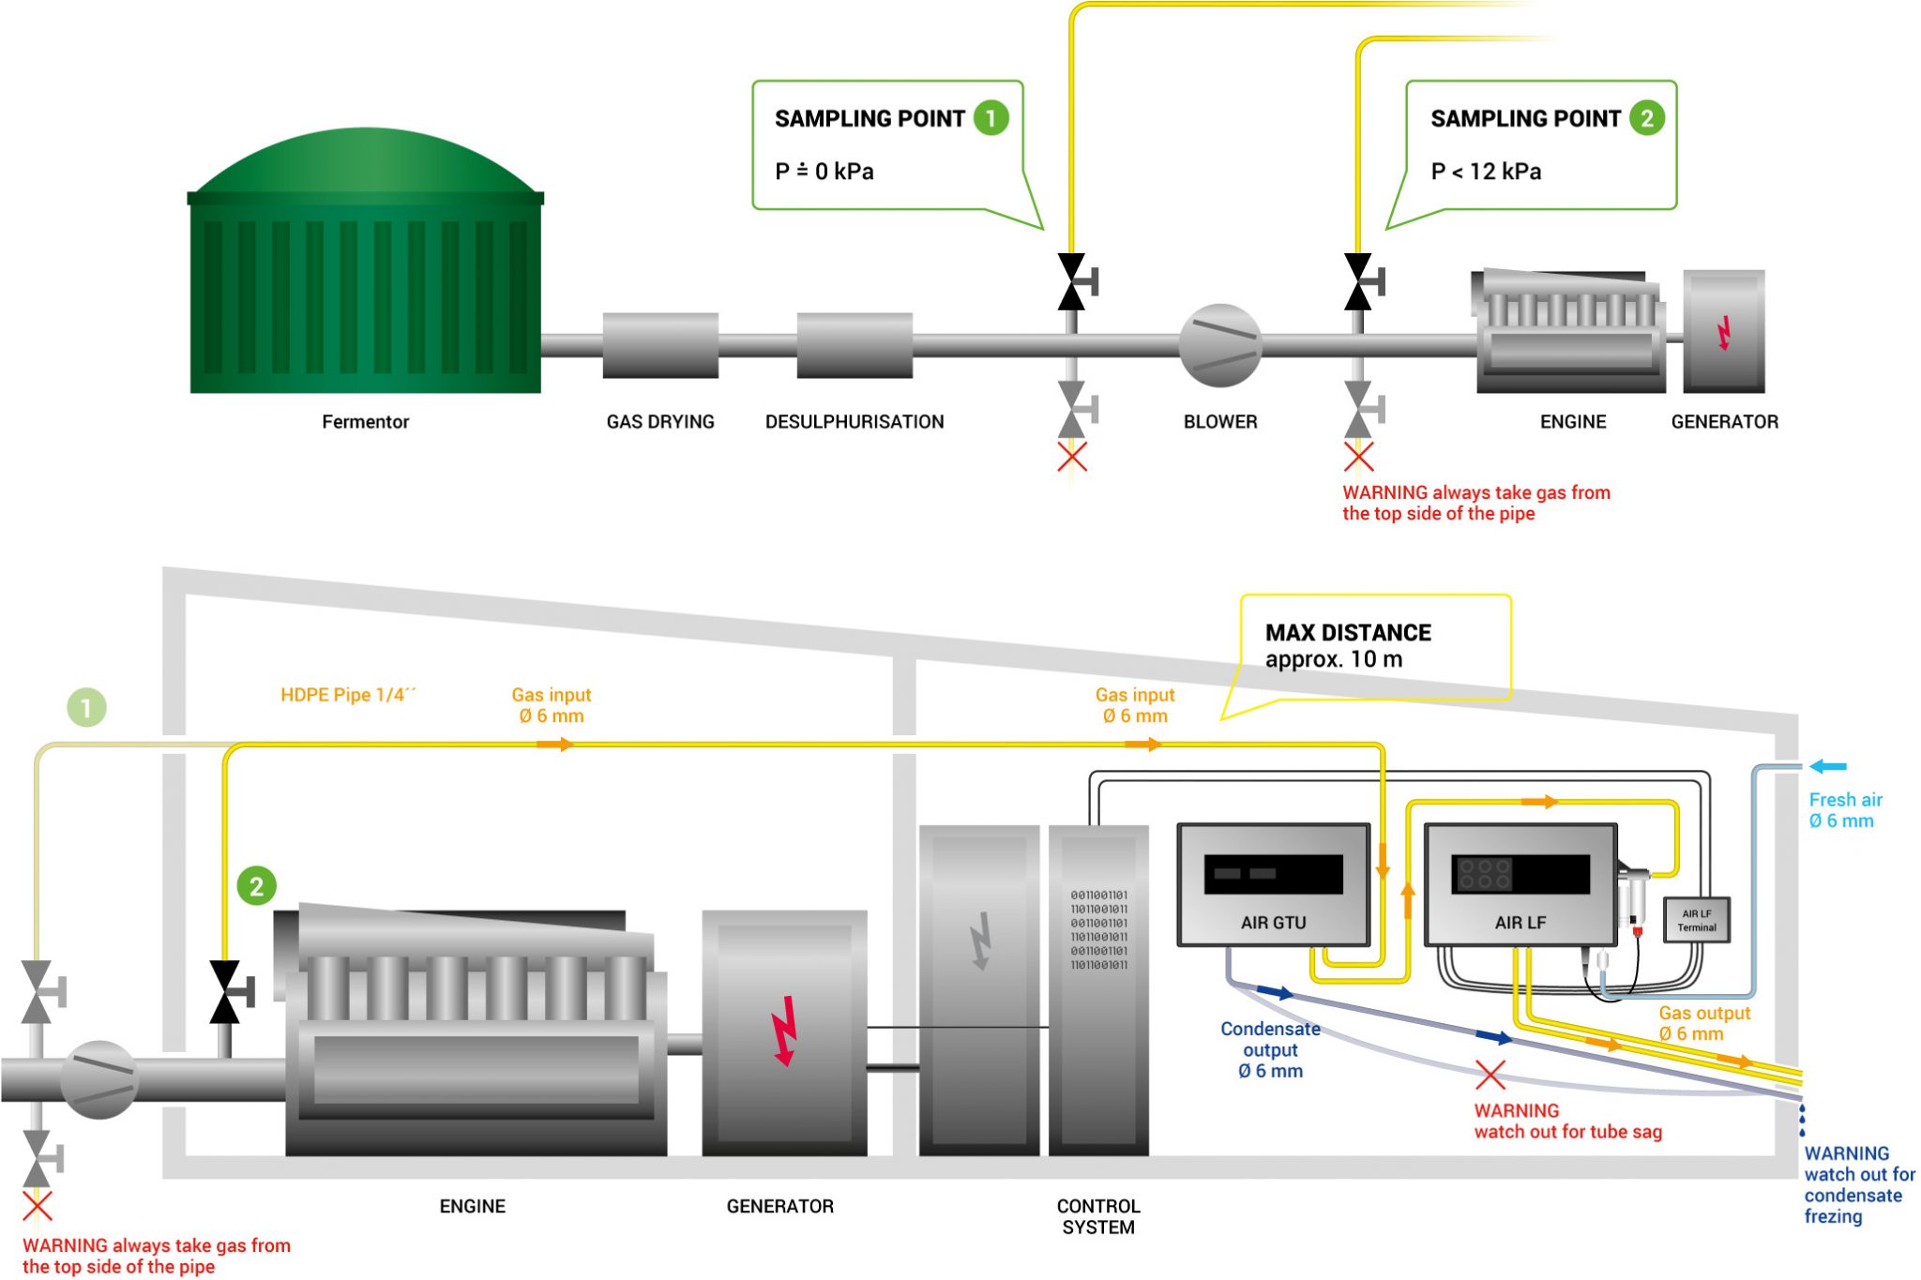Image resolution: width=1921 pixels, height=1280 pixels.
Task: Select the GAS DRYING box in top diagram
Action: point(660,345)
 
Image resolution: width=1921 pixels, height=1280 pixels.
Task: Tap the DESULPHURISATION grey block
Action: point(855,345)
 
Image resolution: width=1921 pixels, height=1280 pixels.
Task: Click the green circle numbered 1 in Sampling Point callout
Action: point(991,118)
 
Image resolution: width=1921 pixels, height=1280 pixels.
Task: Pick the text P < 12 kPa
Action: point(1486,172)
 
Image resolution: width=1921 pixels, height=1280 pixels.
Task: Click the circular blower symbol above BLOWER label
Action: point(1219,345)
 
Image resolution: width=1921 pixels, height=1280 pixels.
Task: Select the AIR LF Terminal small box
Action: point(1697,920)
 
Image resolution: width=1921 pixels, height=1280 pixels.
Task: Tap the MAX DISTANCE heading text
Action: point(1348,633)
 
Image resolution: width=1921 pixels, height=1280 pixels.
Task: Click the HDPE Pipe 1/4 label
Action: point(348,695)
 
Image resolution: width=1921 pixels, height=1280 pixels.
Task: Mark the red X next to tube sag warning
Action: point(1490,1075)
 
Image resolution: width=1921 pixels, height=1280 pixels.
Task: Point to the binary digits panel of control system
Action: point(1098,929)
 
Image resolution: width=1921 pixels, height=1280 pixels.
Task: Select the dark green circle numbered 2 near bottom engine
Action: point(256,886)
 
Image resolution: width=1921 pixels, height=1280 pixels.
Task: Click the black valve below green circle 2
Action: point(226,991)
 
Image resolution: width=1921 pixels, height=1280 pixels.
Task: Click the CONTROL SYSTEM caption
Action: point(1097,1216)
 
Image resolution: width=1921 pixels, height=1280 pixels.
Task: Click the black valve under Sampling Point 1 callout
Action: point(1072,281)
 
